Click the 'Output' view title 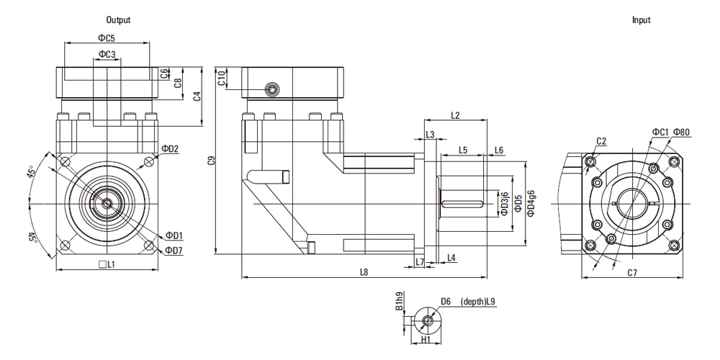point(118,20)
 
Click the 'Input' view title point(641,20)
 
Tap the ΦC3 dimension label point(107,54)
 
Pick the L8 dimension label point(364,272)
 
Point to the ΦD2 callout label point(170,148)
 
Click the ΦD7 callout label point(174,250)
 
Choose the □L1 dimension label point(107,265)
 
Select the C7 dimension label point(632,273)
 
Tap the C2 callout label point(601,140)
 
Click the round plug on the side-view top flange point(273,89)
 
